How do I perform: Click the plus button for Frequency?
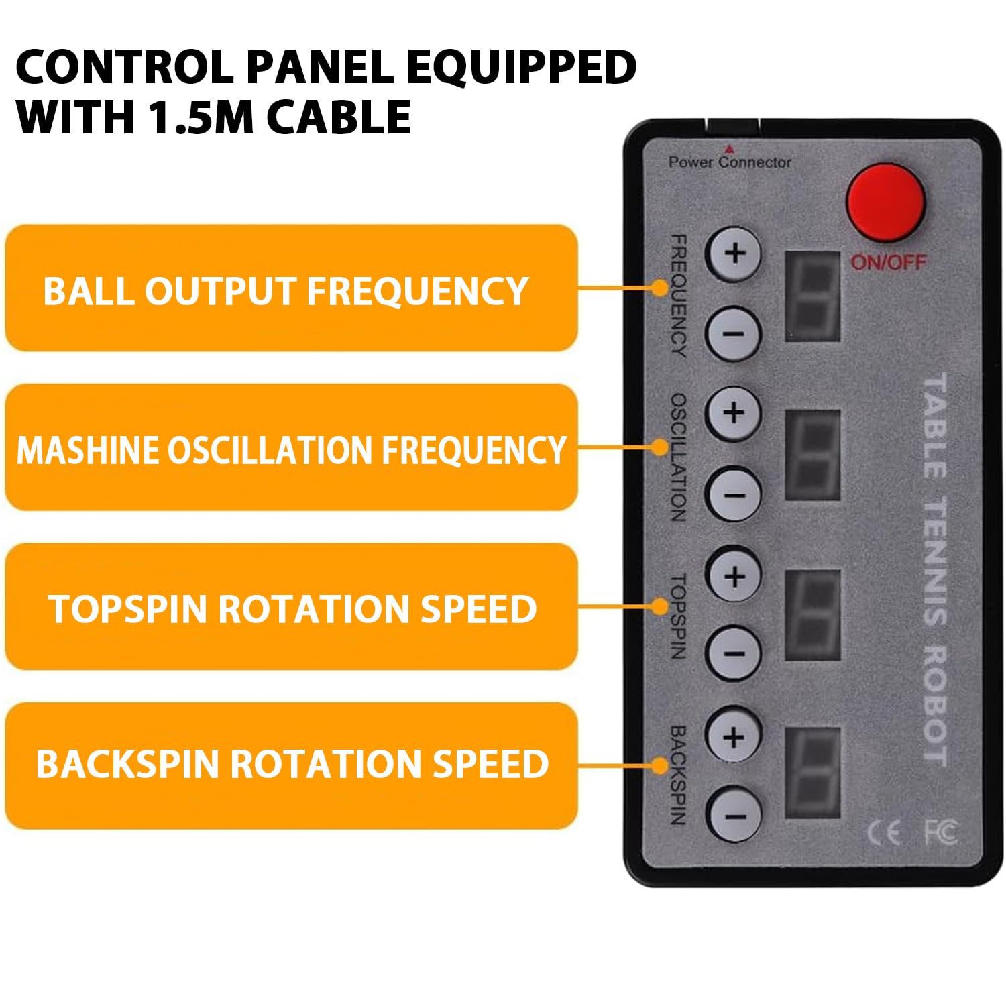coord(734,254)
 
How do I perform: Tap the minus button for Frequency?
coord(734,333)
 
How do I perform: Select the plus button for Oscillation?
coord(734,412)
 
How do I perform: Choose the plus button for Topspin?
coord(734,575)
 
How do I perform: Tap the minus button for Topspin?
coord(734,653)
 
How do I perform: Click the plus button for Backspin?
coord(734,736)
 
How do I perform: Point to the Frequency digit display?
coord(812,296)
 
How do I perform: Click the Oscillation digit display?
coord(812,455)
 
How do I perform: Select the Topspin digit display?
coord(812,615)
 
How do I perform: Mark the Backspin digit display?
coord(812,773)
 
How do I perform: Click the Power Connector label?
coord(730,162)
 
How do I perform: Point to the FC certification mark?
coord(941,832)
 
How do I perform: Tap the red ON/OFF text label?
coord(888,262)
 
